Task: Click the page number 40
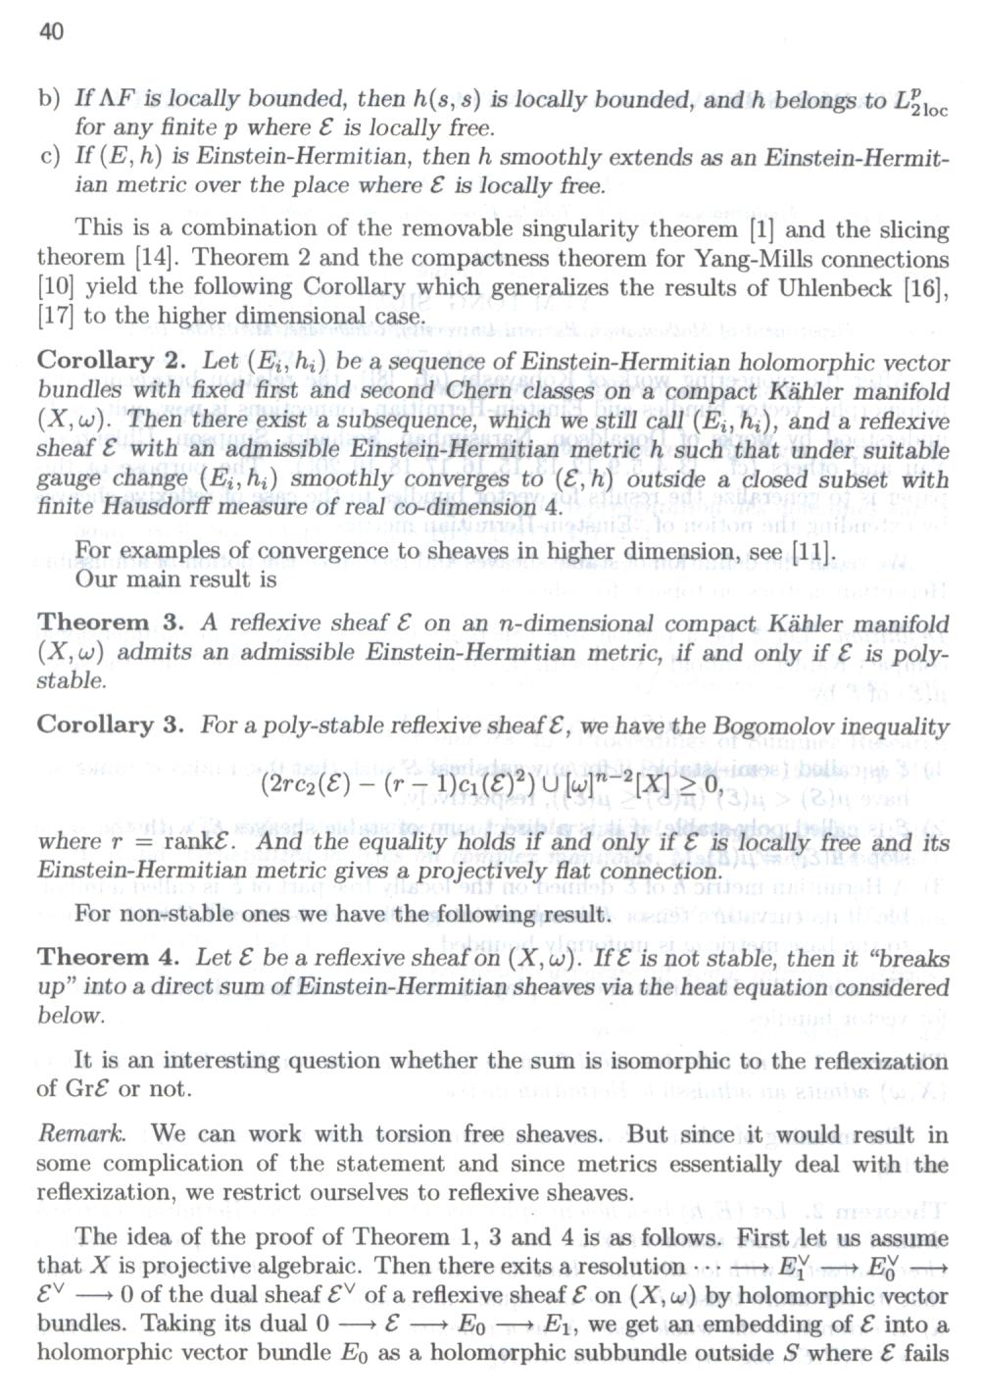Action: coord(51,32)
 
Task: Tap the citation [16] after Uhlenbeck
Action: coord(926,287)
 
